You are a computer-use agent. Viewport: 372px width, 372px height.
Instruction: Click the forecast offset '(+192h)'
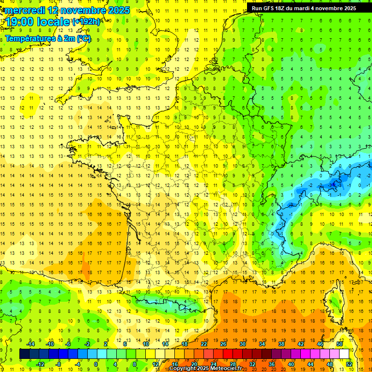(x=86, y=22)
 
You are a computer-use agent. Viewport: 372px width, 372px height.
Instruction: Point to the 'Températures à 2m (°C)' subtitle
(x=48, y=38)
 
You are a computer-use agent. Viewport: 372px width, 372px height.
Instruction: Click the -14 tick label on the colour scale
(x=31, y=344)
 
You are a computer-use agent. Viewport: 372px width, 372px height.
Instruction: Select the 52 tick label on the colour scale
(x=349, y=364)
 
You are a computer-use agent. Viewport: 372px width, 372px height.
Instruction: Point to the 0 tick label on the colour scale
(x=95, y=364)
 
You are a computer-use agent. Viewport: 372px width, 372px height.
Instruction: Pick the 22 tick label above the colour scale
(x=204, y=344)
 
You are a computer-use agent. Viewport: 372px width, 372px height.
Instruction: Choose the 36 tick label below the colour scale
(x=272, y=364)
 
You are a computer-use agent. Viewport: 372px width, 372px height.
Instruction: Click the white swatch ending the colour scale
(x=344, y=354)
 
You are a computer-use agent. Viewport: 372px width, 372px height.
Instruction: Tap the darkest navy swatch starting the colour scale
(x=24, y=354)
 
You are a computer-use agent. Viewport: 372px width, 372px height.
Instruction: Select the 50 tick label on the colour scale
(x=339, y=344)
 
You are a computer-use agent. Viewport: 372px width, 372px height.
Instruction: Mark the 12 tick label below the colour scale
(x=155, y=364)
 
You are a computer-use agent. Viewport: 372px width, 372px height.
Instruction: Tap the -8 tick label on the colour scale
(x=59, y=364)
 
